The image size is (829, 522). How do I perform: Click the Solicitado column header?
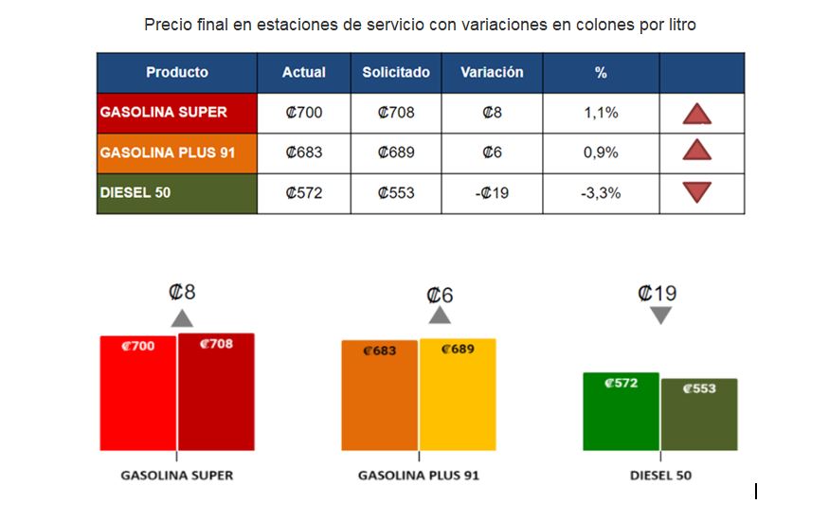pyautogui.click(x=396, y=72)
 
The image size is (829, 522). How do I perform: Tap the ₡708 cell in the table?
pyautogui.click(x=396, y=113)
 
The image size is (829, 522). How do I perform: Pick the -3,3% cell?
pyautogui.click(x=601, y=193)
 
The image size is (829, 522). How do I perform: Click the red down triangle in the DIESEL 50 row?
pyautogui.click(x=697, y=192)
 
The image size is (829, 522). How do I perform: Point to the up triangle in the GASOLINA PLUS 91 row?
pyautogui.click(x=697, y=151)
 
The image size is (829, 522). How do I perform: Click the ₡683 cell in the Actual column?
pyautogui.click(x=304, y=153)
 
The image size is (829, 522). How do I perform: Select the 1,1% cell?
pyautogui.click(x=601, y=113)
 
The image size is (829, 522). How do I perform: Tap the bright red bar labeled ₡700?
pyautogui.click(x=138, y=398)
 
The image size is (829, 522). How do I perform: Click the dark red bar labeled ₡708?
pyautogui.click(x=216, y=398)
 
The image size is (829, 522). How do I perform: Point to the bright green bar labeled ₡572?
pyautogui.click(x=622, y=417)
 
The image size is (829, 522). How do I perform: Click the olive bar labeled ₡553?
pyautogui.click(x=699, y=420)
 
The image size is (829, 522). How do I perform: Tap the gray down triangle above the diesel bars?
pyautogui.click(x=660, y=315)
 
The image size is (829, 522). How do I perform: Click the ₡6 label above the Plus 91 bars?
pyautogui.click(x=440, y=296)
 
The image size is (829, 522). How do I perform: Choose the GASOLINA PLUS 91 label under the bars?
pyautogui.click(x=418, y=475)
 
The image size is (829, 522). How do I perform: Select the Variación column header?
pyautogui.click(x=492, y=72)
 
